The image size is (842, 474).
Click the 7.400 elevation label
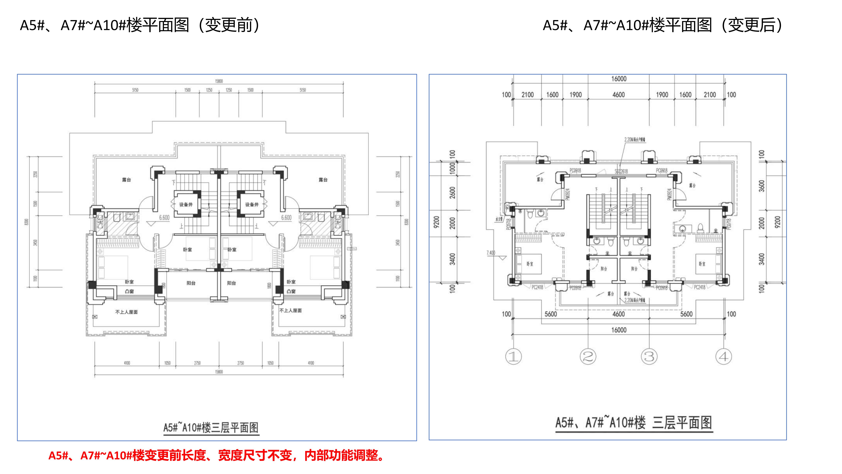[491, 253]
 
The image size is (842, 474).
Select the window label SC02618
[621, 171]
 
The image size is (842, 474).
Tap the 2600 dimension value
[452, 192]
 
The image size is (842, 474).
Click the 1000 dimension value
[452, 168]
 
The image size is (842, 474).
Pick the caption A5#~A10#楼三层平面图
[211, 428]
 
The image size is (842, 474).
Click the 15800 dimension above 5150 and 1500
[219, 81]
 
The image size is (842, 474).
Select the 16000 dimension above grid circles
[619, 330]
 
